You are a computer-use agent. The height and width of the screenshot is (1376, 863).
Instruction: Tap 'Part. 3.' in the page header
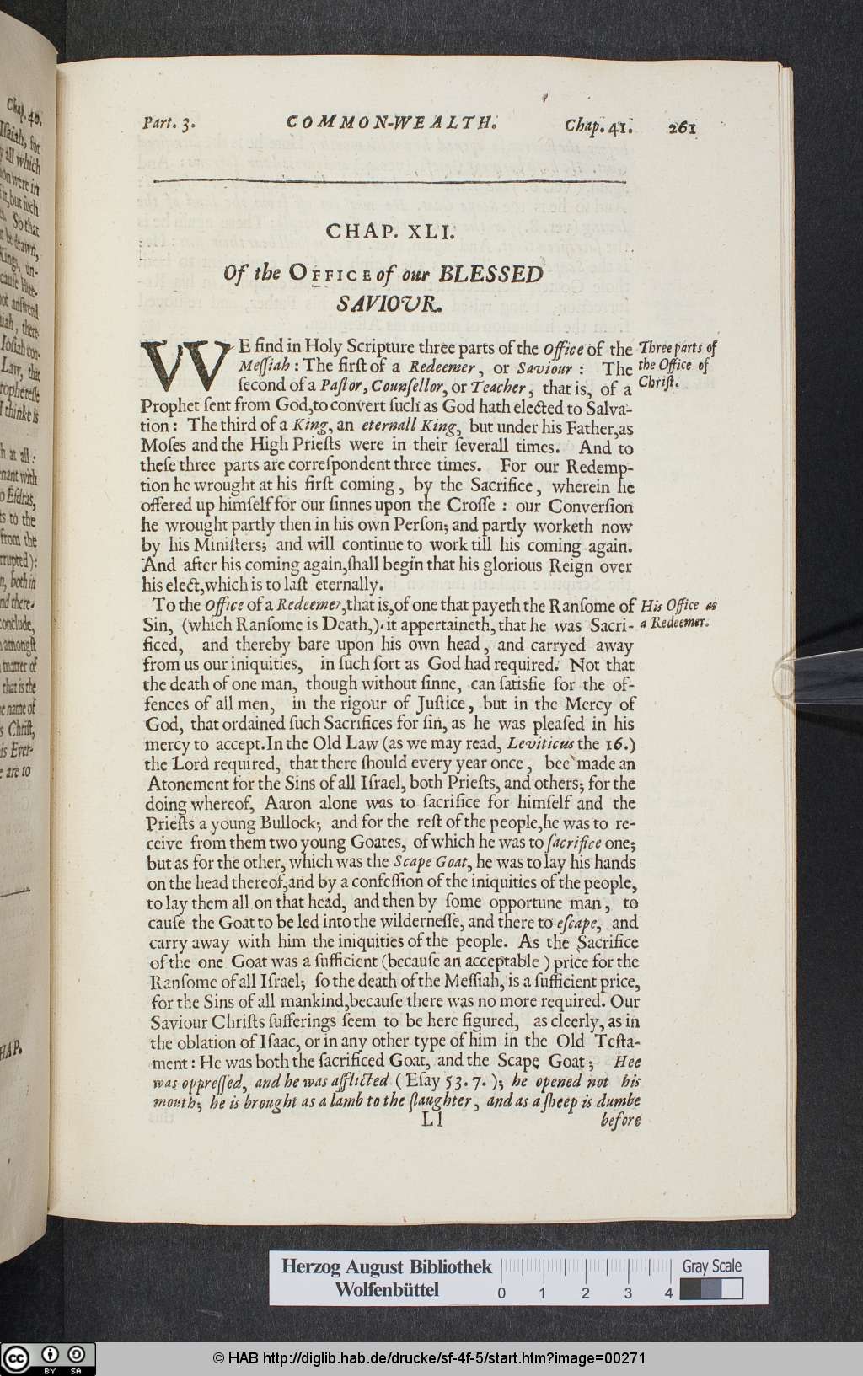[x=169, y=123]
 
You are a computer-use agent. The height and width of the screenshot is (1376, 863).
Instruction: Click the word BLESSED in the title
[x=491, y=274]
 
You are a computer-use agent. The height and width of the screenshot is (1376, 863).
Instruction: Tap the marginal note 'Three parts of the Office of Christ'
[x=676, y=364]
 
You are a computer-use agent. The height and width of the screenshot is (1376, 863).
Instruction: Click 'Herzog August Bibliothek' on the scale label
[x=386, y=1266]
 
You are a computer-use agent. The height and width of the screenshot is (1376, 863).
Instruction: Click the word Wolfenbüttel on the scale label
[x=386, y=1290]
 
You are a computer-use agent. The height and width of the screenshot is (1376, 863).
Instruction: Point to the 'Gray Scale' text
[x=712, y=1266]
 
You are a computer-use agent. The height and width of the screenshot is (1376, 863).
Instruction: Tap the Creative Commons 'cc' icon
[x=16, y=1357]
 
